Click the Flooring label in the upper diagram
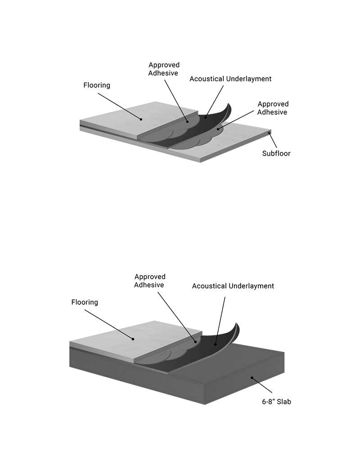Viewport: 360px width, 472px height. (x=97, y=85)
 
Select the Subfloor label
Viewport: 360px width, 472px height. (x=276, y=153)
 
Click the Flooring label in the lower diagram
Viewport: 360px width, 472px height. (x=85, y=302)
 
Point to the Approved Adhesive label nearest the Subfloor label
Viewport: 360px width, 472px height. (x=272, y=108)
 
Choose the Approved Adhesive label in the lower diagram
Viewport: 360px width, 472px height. (x=150, y=281)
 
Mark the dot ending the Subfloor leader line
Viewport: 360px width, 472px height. (x=270, y=132)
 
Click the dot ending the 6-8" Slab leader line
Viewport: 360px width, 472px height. (x=252, y=378)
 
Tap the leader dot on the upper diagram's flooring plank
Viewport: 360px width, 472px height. (x=141, y=119)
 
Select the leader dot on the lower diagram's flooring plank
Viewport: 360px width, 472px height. (x=133, y=339)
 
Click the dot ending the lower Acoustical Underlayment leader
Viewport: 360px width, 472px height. (x=216, y=344)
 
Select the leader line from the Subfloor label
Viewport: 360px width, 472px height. (x=273, y=140)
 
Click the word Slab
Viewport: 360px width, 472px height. (x=283, y=401)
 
